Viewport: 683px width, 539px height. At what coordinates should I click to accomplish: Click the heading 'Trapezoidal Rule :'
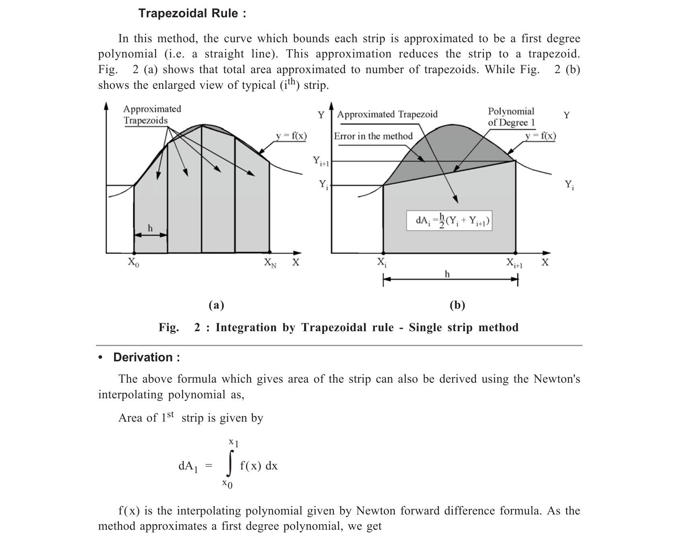click(192, 13)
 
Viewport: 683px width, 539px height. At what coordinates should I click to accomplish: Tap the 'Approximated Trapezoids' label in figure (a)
click(152, 115)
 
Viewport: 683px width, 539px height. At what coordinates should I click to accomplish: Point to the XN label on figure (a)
click(270, 263)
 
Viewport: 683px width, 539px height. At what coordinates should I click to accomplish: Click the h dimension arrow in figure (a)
click(150, 235)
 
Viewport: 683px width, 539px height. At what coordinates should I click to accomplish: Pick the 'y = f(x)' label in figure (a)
click(291, 136)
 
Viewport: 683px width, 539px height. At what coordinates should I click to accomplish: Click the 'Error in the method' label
click(373, 136)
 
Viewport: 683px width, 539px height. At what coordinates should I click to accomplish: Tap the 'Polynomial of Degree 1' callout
click(511, 117)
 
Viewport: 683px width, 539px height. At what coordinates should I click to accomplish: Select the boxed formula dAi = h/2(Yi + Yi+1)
click(449, 221)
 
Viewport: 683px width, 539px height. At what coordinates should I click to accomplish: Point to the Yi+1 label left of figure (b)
click(321, 162)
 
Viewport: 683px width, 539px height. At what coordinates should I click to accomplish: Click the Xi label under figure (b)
click(382, 262)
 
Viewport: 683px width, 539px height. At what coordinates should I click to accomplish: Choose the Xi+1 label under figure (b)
click(514, 263)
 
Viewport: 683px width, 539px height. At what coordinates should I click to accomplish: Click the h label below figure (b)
click(447, 274)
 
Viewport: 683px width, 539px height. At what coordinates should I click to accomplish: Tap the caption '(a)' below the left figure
click(216, 305)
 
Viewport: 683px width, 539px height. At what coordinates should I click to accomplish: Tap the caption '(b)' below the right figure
click(457, 305)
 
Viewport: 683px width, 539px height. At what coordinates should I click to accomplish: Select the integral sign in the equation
click(230, 463)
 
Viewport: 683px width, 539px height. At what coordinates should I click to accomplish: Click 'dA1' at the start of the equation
click(188, 466)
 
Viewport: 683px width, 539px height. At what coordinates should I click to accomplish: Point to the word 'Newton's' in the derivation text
click(556, 379)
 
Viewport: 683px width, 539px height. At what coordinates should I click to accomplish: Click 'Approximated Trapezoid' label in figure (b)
click(387, 115)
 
